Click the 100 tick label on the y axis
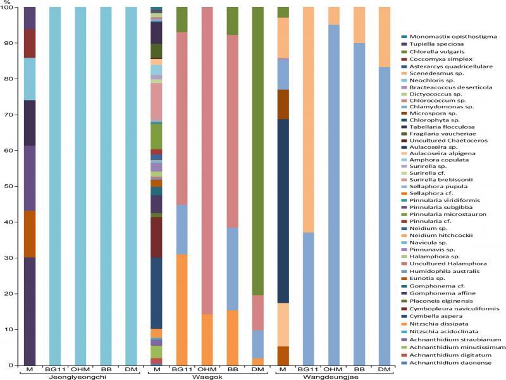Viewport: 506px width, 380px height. [9, 8]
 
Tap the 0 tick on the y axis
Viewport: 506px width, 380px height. [13, 365]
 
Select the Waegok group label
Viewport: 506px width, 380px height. [206, 377]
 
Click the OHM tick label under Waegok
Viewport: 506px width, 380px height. [207, 369]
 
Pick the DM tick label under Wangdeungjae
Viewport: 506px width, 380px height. [384, 369]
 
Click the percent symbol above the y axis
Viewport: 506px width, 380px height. [6, 2]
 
